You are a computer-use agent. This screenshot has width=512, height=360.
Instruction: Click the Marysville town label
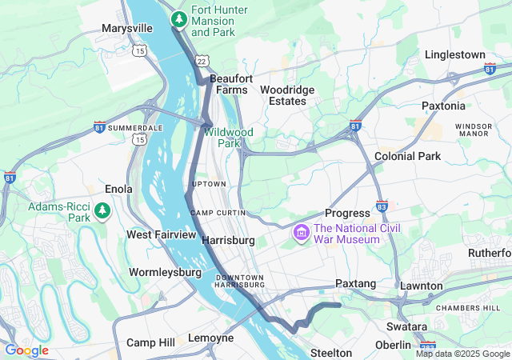click(127, 28)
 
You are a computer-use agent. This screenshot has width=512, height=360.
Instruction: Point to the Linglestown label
click(455, 54)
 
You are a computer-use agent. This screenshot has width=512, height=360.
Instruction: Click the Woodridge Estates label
click(287, 95)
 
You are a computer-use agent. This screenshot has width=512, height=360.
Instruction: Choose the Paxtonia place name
click(442, 106)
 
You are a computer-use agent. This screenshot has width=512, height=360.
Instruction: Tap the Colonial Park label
click(407, 156)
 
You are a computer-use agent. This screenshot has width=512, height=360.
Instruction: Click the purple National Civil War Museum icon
click(302, 233)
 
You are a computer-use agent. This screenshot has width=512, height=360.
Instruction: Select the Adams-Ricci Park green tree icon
click(102, 210)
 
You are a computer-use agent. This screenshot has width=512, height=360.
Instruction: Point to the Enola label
click(118, 190)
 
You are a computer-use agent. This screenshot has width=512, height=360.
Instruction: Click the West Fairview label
click(161, 234)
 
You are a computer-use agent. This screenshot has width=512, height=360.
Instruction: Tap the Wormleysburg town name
click(165, 272)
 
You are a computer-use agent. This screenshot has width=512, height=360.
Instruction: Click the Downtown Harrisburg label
click(240, 281)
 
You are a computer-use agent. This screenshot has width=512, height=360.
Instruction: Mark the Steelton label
click(331, 353)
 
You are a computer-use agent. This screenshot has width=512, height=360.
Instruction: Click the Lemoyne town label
click(210, 338)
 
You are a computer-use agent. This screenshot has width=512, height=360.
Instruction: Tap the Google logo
click(26, 350)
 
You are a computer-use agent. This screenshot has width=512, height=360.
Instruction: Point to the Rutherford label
click(490, 253)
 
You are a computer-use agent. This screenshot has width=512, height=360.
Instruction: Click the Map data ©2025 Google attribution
click(462, 354)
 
